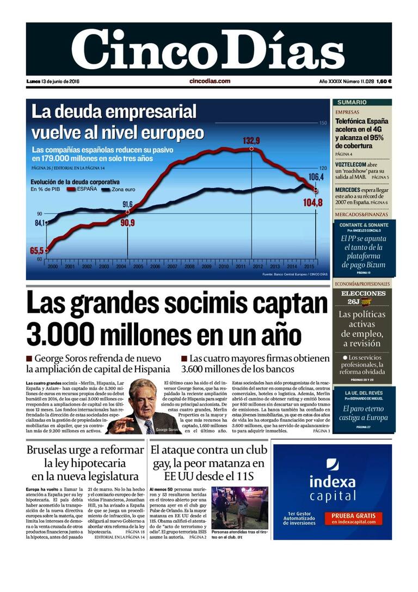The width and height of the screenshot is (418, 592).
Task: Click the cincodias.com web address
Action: coord(210,81)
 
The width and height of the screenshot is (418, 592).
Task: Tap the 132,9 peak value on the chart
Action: coord(251,141)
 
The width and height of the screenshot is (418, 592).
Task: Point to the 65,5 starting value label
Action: coord(36,251)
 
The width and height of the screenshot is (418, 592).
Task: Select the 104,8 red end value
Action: coord(313,203)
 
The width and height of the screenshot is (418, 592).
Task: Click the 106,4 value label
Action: coord(316,177)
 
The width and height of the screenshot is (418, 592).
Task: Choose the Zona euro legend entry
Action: coord(124,190)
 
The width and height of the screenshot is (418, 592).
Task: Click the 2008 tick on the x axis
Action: coord(189,267)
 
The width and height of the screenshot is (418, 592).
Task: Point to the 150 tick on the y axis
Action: coord(323,123)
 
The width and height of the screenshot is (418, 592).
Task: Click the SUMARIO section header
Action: coord(352,102)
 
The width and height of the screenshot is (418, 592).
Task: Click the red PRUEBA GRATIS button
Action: coord(353,518)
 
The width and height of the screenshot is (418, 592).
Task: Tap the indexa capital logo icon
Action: coord(333,464)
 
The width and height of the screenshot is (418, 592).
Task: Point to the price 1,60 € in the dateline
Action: coord(384,81)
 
